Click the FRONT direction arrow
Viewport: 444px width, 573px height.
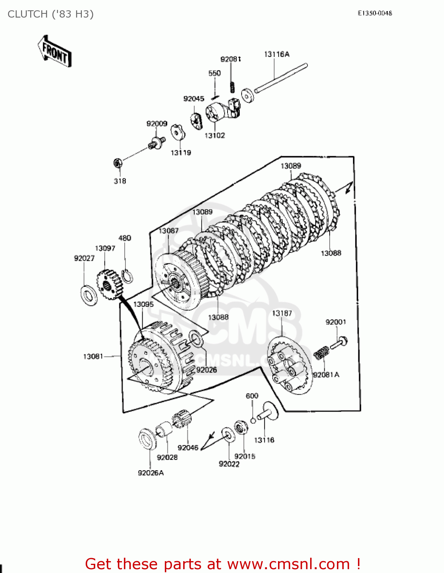click(55, 52)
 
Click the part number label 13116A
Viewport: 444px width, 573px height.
click(276, 54)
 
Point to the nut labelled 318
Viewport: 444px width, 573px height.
click(118, 163)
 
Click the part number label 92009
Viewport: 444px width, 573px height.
click(157, 124)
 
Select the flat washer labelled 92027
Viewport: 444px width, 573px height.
click(89, 295)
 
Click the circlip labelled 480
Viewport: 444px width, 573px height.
click(127, 275)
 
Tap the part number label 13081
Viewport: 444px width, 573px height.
click(93, 356)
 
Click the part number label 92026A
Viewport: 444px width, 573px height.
click(151, 473)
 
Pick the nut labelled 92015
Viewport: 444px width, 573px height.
click(241, 427)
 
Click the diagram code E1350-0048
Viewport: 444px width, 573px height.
click(375, 13)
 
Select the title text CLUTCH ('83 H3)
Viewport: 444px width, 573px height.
click(50, 14)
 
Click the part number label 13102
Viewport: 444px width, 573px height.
click(215, 136)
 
